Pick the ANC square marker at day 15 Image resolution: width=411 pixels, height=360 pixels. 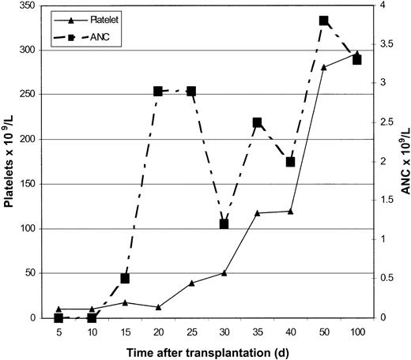(125, 279)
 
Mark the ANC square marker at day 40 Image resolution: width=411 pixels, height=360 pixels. (290, 162)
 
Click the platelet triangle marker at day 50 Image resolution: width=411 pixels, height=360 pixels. (323, 67)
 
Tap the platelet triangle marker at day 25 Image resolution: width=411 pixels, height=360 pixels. (191, 283)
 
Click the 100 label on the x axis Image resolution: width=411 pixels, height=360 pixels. (356, 332)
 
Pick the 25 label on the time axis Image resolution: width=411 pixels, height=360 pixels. (191, 332)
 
